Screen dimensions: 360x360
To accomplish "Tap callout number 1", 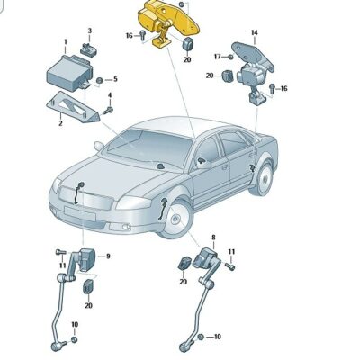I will click(x=65, y=42).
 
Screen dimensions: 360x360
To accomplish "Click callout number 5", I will click(x=115, y=79).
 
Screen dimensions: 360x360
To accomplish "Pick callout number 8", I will click(x=213, y=237).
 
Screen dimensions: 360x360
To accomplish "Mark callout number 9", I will click(x=108, y=256).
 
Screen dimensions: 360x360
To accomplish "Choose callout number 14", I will click(x=254, y=33).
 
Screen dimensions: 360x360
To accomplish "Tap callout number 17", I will click(x=216, y=58).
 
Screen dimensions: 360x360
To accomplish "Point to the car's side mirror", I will click(x=204, y=164).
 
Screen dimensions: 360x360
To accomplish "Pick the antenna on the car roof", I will click(x=159, y=167).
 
